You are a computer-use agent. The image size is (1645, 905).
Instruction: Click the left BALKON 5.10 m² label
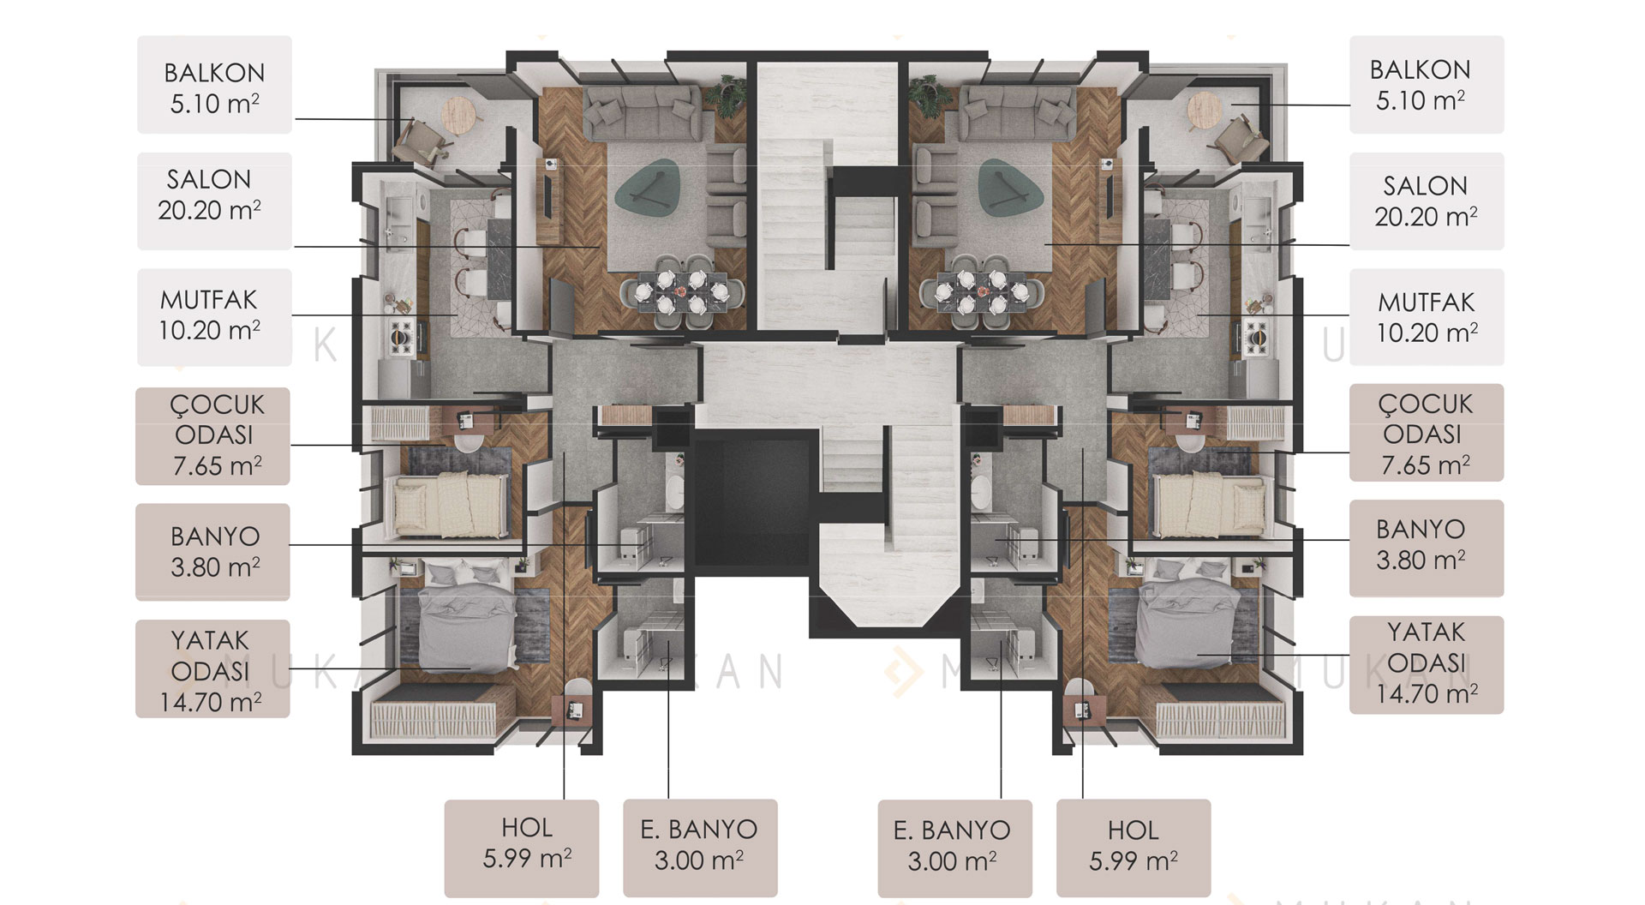214,85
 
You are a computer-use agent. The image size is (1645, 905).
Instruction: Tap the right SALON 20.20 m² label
1427,201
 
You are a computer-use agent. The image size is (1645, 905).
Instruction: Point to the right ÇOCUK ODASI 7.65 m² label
1427,433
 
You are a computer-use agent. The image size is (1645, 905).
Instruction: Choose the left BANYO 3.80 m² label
212,552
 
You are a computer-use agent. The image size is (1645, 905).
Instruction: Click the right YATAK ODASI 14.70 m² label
1427,664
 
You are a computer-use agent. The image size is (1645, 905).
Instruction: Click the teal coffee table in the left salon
654,185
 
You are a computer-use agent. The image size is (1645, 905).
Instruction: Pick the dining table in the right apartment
982,291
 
